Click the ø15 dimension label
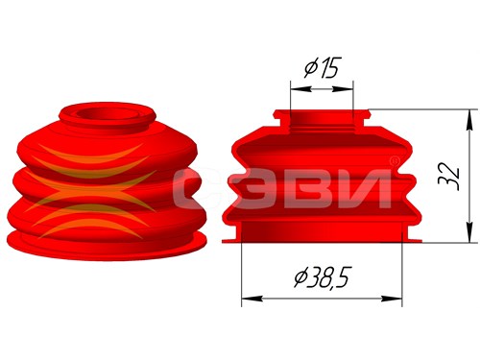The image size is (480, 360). point(321,67)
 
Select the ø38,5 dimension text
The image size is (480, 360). point(321,277)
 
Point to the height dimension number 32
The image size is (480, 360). point(449,177)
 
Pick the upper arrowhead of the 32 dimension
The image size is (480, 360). point(469,120)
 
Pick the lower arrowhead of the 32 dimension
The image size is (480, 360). point(469,231)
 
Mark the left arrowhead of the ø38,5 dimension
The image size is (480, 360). point(252,299)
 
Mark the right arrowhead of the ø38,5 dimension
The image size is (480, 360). point(391,299)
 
